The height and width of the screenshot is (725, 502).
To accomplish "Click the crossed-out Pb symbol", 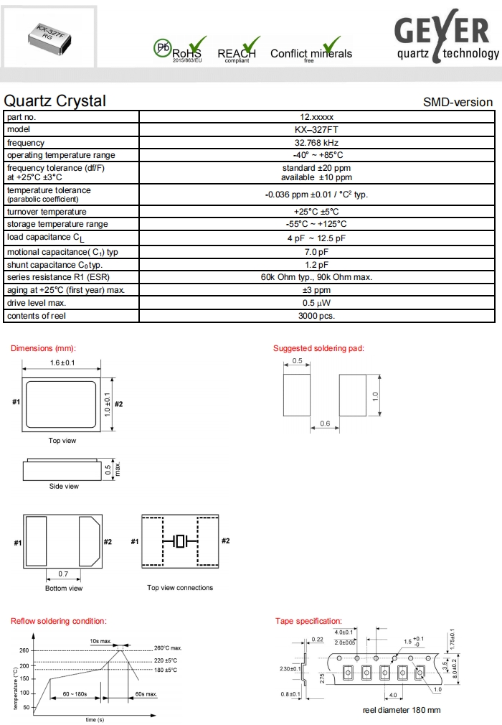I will click(x=162, y=48).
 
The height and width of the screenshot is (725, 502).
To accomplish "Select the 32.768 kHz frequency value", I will click(x=316, y=143).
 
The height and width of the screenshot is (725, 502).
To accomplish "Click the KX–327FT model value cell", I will click(x=316, y=130).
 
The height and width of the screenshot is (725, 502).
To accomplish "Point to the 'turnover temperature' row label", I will click(x=47, y=212).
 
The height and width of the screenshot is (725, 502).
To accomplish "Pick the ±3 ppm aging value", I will click(x=316, y=290).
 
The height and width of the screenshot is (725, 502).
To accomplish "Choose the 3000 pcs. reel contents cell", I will click(x=316, y=316).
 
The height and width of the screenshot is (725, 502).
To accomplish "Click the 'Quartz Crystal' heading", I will click(x=55, y=101).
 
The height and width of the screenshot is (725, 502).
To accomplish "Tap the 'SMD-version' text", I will click(x=458, y=103).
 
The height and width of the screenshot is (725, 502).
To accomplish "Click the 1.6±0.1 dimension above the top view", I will click(x=62, y=362).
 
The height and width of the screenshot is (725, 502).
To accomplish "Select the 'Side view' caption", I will click(x=64, y=487).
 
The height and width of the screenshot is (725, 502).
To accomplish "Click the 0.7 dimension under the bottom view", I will click(x=63, y=574).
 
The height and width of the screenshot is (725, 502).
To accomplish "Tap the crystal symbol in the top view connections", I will click(x=180, y=541).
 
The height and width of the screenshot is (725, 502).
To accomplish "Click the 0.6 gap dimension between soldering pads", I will click(x=324, y=424).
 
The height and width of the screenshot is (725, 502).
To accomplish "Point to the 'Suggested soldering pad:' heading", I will click(x=318, y=348).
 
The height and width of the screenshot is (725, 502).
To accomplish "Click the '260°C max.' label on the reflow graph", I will click(x=168, y=648).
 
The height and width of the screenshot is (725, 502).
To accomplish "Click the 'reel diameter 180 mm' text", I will click(x=402, y=711).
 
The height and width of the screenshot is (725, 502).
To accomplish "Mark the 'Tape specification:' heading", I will click(x=308, y=621).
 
